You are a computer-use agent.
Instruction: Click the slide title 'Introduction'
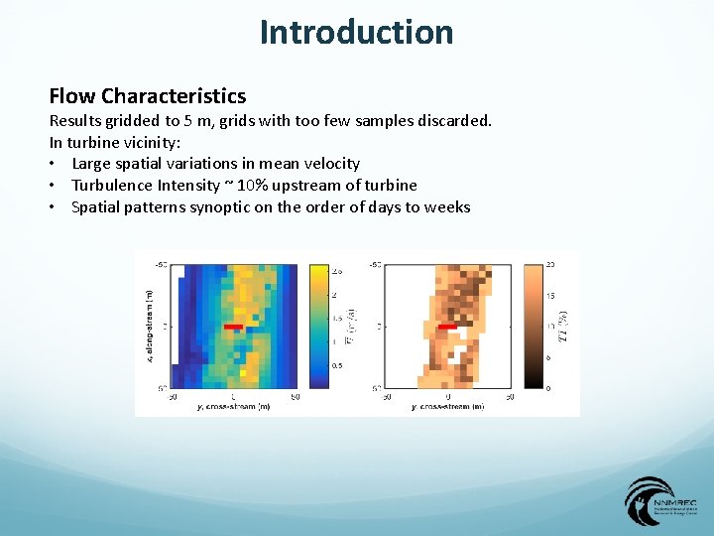(x=356, y=32)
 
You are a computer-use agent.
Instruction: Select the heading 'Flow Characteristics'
(x=148, y=96)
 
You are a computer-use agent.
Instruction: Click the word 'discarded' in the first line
(x=454, y=120)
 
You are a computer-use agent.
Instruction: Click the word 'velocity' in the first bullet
(x=330, y=164)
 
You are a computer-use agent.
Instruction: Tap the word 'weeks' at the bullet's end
(x=446, y=207)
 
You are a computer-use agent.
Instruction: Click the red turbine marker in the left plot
(x=233, y=326)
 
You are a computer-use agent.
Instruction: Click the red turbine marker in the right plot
(x=447, y=326)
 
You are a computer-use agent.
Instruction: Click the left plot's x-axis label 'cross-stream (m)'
(x=236, y=406)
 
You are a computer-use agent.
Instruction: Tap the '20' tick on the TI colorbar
(x=550, y=265)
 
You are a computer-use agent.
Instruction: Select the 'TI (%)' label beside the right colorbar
(x=563, y=326)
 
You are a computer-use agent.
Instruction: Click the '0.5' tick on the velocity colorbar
(x=336, y=365)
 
